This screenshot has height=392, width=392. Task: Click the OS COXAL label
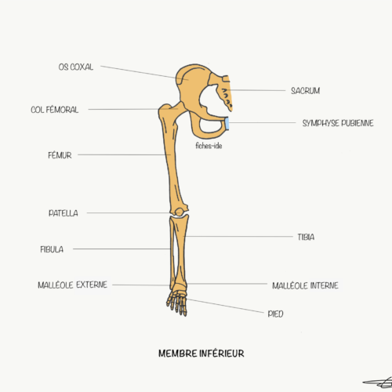pos(76,67)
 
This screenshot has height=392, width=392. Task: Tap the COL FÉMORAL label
pos(55,110)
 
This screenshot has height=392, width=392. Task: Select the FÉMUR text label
pos(60,155)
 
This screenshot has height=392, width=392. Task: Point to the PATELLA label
pos(64,213)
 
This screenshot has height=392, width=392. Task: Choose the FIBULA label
pos(52,249)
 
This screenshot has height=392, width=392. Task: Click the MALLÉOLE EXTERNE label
pos(73,285)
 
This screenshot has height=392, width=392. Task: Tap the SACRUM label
pos(306,91)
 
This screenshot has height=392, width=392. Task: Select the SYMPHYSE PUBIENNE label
pos(338,123)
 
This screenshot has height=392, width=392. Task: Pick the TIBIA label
pos(306,237)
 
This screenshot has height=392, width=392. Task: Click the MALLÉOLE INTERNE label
pos(305,285)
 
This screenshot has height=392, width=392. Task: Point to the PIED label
pos(275,314)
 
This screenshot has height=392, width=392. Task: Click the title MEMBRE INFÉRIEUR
pos(201,354)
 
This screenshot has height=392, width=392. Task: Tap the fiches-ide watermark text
pos(209,146)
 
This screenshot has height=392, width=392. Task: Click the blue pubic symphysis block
pos(227,124)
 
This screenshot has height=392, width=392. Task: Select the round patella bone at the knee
pos(179,212)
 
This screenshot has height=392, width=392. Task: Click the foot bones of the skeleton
pos(178,302)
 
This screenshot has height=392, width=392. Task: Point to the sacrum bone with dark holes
pos(226,93)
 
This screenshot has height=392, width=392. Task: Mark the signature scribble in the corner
pos(378,383)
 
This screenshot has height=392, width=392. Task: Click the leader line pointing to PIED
pos(225,306)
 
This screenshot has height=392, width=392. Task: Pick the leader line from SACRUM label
pos(256,90)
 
